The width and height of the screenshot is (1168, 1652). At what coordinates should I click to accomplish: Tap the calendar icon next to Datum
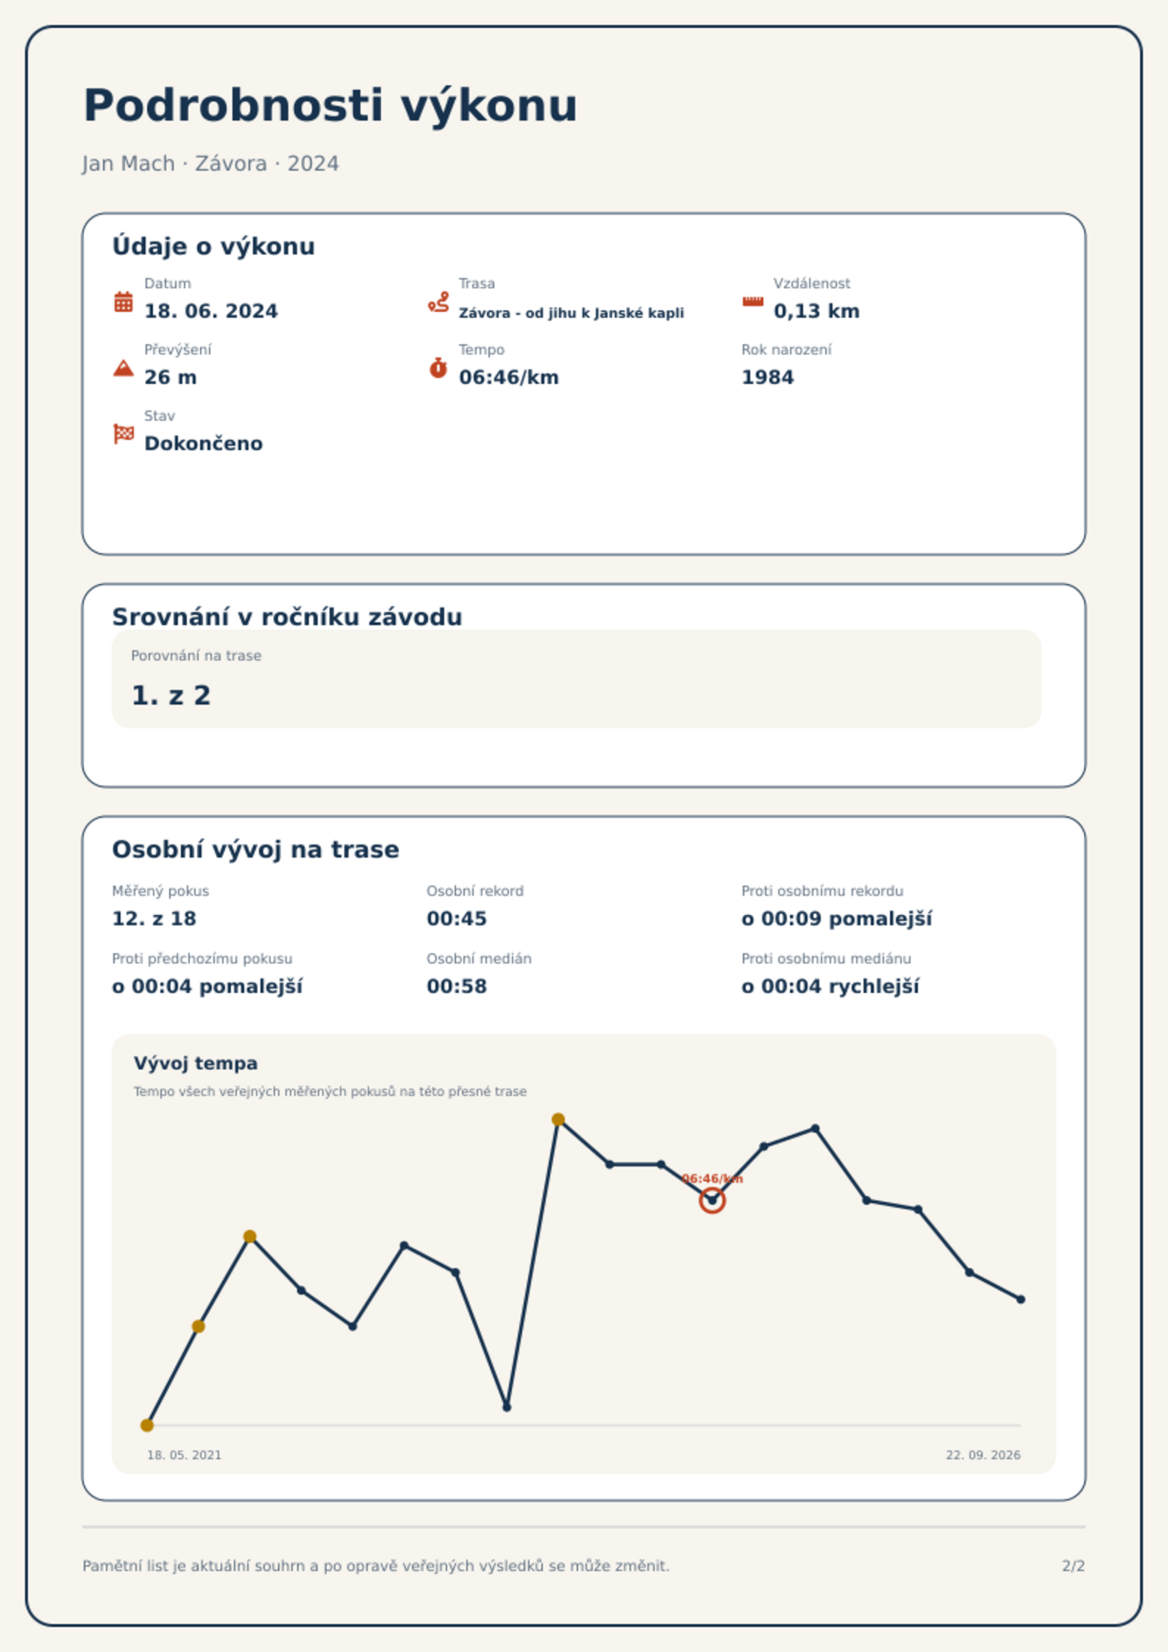[x=124, y=302]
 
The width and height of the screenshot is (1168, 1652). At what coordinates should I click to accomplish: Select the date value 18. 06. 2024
[x=211, y=311]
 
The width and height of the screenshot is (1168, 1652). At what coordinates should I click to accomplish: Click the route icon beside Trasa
[x=438, y=302]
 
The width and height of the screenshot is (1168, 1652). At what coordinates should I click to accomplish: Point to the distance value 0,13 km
[x=816, y=311]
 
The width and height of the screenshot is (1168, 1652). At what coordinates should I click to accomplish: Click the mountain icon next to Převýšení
[x=124, y=368]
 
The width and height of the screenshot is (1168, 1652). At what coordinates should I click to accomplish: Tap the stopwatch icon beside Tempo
[x=438, y=368]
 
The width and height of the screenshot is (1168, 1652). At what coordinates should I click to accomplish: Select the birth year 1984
[x=767, y=377]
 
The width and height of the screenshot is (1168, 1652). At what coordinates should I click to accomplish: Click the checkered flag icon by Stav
[x=124, y=434]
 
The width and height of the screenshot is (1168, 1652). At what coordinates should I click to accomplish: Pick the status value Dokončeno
[x=203, y=444]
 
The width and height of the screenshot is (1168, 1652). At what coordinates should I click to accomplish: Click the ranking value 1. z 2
[x=171, y=695]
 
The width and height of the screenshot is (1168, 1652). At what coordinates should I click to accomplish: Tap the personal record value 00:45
[x=457, y=919]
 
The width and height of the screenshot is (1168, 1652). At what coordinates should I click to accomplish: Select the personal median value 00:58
[x=457, y=986]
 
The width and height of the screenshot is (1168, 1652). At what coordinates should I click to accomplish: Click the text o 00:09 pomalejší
[x=836, y=919]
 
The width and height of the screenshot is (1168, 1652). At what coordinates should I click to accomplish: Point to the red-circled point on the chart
[x=712, y=1200]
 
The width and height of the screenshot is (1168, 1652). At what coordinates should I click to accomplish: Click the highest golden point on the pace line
[x=558, y=1119]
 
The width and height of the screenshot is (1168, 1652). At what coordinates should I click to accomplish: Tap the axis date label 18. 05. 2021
[x=184, y=1455]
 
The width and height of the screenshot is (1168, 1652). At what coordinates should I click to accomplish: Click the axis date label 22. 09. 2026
[x=983, y=1455]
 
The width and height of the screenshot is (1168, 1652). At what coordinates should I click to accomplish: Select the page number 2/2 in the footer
[x=1073, y=1566]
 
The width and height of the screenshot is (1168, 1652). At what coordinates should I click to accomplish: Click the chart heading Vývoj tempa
[x=196, y=1064]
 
